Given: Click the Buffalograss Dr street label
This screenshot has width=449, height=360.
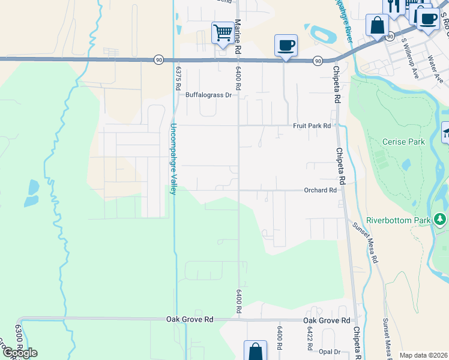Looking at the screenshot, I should click(208, 95).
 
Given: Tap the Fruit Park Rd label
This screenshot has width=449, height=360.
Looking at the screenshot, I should click(312, 126).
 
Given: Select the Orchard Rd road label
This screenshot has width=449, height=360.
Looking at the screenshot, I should click(320, 190).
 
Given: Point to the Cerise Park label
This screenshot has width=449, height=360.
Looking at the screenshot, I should click(403, 142).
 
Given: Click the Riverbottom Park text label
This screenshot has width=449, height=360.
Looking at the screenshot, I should click(399, 220).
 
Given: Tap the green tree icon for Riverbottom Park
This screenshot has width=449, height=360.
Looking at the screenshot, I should click(441, 220).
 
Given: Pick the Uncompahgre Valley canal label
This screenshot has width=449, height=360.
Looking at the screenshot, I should click(173, 158).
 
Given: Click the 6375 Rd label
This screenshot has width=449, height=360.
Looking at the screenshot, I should click(178, 77).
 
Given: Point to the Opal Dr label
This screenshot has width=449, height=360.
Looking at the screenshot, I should click(330, 352).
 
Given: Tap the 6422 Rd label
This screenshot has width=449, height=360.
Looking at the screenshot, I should click(310, 338).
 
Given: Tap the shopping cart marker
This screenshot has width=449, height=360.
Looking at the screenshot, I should click(223, 32).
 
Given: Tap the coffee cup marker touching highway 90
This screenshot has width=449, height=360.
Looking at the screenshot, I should click(286, 45).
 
